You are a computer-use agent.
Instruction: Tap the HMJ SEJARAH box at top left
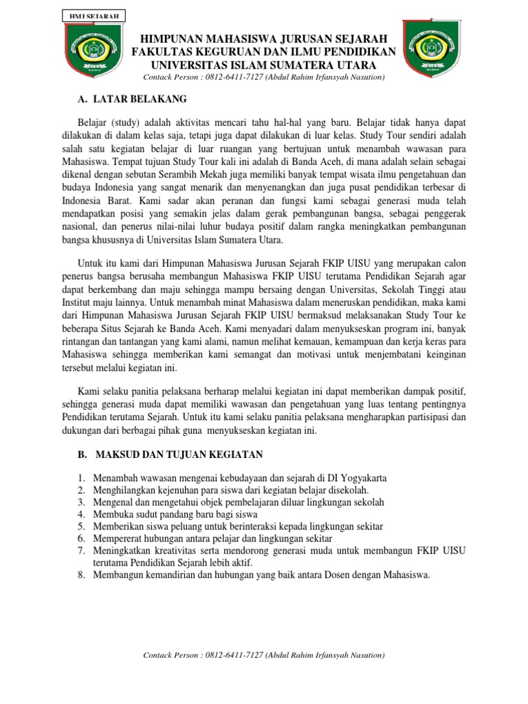(x=93, y=15)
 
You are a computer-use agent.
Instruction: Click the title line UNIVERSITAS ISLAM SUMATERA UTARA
(x=264, y=65)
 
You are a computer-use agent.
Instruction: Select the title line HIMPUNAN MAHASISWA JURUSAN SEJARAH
(x=264, y=38)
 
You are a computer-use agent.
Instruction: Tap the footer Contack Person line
(x=263, y=655)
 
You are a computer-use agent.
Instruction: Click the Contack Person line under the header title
(x=264, y=78)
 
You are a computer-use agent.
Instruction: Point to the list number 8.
(x=80, y=575)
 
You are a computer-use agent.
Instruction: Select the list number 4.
(x=80, y=514)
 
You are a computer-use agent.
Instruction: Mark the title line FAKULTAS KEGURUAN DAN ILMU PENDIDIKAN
(x=264, y=52)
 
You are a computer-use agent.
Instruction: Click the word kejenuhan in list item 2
(x=182, y=490)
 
